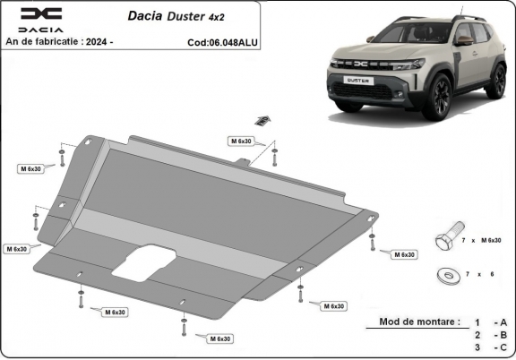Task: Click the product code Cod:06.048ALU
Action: click(222, 41)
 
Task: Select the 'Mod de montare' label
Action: click(419, 321)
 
